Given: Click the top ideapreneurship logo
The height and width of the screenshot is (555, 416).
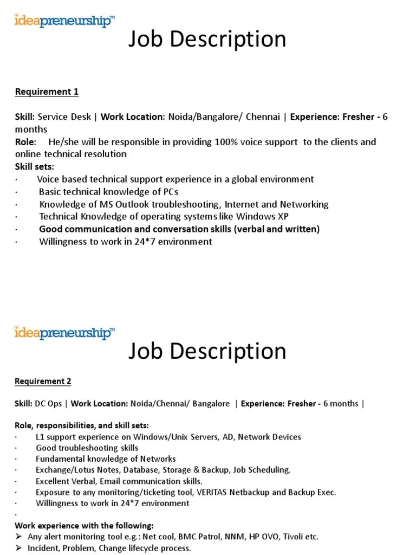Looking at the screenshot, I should click(x=64, y=22).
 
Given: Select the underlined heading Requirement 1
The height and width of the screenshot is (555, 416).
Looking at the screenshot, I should click(x=47, y=92).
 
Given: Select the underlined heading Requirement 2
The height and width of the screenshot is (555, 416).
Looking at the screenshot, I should click(x=43, y=381).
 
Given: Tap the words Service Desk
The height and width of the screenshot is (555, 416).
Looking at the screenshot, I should click(x=65, y=117).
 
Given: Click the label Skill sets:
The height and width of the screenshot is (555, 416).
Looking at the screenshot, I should click(x=35, y=166).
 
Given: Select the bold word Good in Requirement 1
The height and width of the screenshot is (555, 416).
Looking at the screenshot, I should click(x=50, y=229).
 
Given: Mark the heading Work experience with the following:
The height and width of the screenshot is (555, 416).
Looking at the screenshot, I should click(x=84, y=525).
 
